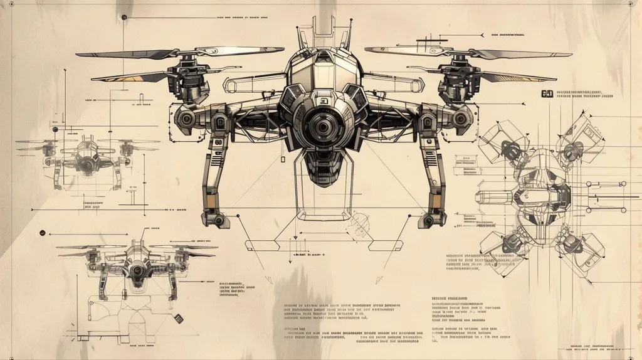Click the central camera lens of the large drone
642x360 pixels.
(321, 127)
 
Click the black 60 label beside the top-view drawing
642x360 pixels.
(547, 93)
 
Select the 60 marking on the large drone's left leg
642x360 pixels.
(219, 142)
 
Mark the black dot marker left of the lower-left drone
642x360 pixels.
(42, 233)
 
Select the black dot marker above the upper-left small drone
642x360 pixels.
(55, 129)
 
